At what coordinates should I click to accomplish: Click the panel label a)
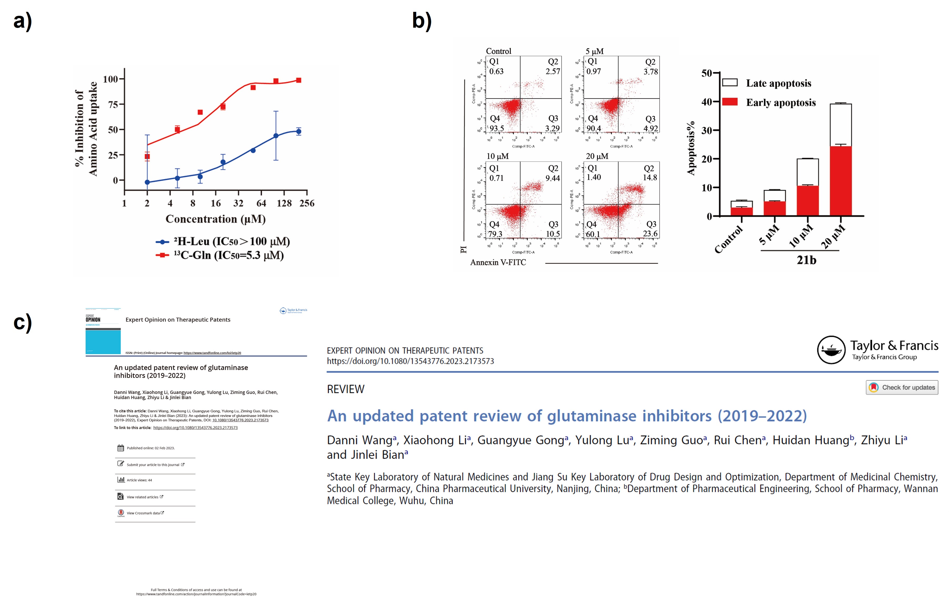click(23, 21)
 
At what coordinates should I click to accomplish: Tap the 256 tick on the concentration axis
click(307, 204)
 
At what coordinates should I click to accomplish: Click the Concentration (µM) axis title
click(215, 219)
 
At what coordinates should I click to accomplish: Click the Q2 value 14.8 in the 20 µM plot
click(650, 178)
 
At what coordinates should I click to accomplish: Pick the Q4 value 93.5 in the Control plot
click(497, 128)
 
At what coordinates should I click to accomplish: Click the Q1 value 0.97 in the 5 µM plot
click(594, 72)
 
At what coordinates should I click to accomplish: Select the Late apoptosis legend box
click(730, 83)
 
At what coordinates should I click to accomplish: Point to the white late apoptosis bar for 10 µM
click(808, 172)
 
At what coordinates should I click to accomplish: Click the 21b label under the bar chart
click(806, 260)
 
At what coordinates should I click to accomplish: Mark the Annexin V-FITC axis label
click(498, 262)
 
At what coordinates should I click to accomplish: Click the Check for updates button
click(902, 387)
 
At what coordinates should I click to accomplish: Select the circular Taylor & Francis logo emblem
click(831, 350)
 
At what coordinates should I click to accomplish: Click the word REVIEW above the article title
click(345, 389)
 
